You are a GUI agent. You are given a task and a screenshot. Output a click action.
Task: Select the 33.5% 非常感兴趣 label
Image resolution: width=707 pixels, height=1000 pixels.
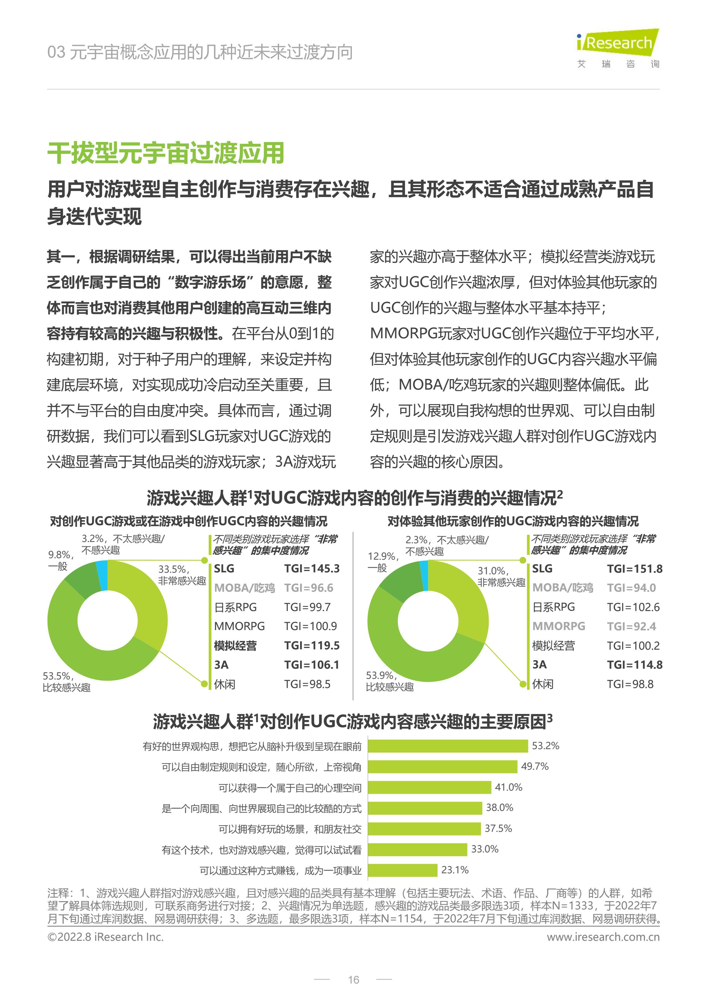click(182, 575)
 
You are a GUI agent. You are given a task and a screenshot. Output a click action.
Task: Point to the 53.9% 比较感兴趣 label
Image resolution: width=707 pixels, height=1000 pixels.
click(389, 681)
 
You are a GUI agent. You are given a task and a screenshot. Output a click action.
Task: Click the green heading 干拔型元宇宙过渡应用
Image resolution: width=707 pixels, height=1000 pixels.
click(166, 153)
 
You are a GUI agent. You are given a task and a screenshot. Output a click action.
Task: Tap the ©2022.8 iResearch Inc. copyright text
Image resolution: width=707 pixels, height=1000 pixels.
click(105, 937)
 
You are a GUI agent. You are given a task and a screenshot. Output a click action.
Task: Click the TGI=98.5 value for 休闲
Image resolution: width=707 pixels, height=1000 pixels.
click(307, 684)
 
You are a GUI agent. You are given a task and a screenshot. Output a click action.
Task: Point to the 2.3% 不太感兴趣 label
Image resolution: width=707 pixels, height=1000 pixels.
click(447, 545)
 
